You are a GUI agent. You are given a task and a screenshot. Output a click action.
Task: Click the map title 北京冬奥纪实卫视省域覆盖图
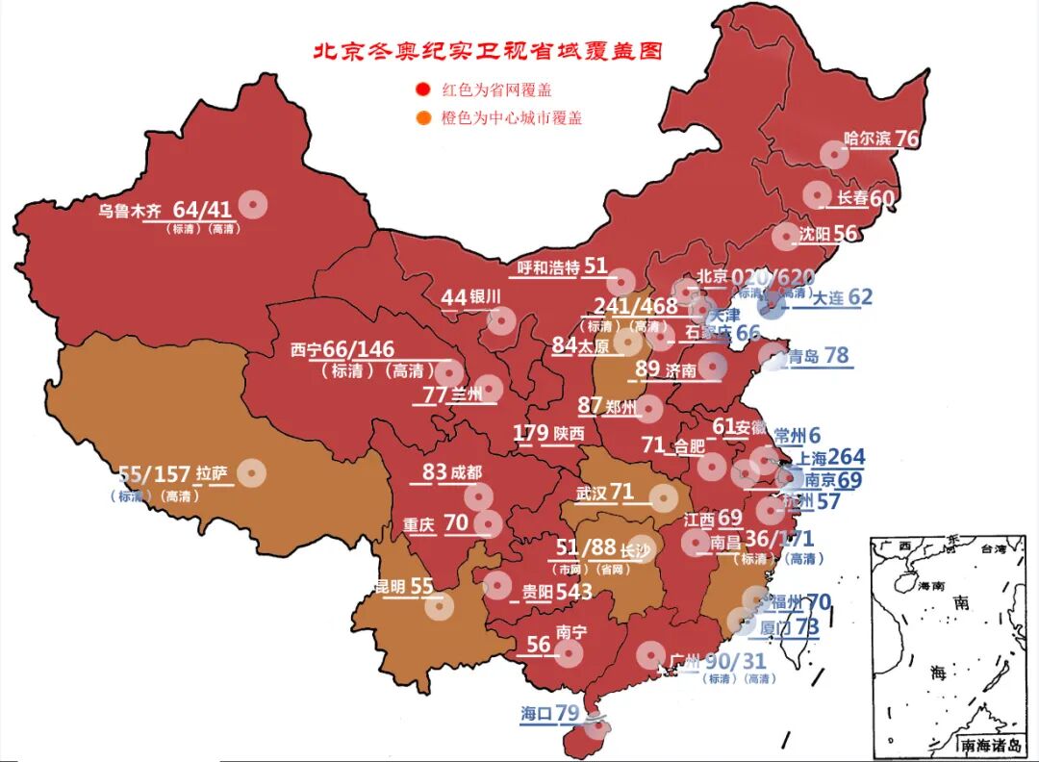click(488, 51)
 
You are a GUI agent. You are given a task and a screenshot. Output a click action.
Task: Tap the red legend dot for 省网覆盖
click(421, 90)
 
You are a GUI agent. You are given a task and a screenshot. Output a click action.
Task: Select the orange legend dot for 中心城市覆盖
click(421, 118)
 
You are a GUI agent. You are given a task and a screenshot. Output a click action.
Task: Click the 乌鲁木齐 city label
click(132, 210)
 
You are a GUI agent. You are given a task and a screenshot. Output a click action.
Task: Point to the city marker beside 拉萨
click(251, 472)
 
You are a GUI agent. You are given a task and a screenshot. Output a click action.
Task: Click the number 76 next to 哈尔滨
click(907, 139)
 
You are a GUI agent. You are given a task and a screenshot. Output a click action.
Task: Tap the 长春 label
click(852, 198)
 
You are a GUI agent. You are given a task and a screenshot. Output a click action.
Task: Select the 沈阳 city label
click(814, 234)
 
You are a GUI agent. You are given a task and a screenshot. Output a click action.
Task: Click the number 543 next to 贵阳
click(573, 592)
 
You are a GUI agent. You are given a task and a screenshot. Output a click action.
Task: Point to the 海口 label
click(536, 714)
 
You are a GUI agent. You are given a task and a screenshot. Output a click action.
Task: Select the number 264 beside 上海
click(846, 457)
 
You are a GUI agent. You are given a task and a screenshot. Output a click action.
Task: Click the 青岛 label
click(804, 356)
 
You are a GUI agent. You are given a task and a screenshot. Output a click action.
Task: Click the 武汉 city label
click(592, 494)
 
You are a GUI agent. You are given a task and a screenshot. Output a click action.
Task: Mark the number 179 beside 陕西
click(530, 433)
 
